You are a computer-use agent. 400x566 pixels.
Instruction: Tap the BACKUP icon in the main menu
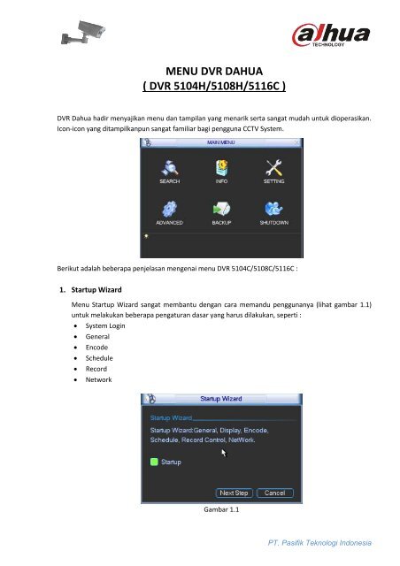221,208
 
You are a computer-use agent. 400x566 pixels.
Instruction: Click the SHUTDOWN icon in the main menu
273,208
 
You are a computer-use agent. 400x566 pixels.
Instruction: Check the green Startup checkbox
152,461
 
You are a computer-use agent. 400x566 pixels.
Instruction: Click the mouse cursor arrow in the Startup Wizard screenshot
223,452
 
